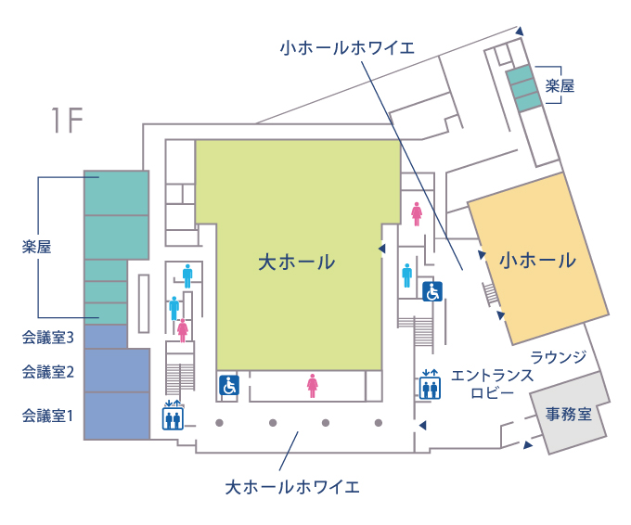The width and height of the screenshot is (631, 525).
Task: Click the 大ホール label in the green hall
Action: (297, 262)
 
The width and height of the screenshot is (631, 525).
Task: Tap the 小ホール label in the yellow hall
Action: (537, 261)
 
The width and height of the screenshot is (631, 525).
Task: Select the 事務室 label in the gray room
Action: (569, 414)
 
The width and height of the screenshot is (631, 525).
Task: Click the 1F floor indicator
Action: (67, 120)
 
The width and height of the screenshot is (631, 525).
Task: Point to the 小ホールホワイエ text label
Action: (347, 48)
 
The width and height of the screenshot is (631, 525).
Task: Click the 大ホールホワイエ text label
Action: (292, 487)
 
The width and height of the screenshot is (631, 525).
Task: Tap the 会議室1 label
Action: (48, 416)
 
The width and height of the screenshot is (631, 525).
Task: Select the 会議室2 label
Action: (48, 372)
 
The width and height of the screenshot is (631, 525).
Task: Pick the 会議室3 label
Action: (48, 338)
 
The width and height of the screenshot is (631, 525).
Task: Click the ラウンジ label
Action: (559, 357)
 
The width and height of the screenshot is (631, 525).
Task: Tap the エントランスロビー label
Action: (492, 384)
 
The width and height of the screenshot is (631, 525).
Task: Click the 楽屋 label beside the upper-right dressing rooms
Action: (560, 85)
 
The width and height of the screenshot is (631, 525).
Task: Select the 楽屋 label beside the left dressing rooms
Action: (36, 247)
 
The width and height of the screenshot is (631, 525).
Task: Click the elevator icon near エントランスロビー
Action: (430, 385)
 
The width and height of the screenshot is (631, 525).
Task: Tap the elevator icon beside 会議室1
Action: (173, 416)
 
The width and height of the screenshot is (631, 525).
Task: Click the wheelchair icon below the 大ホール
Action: (229, 385)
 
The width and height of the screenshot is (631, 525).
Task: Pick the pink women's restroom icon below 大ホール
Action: (313, 386)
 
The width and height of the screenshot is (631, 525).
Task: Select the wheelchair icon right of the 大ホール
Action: (432, 291)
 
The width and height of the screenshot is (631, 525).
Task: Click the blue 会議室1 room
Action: (117, 416)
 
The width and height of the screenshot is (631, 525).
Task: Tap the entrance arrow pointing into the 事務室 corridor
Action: (528, 444)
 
